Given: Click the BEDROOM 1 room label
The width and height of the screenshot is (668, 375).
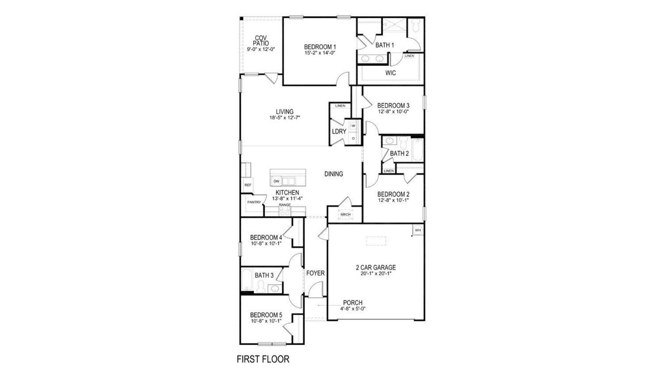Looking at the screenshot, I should click(320, 47).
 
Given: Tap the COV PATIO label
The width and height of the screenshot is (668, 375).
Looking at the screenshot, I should click(261, 40).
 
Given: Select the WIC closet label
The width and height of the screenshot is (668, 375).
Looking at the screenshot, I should click(390, 73).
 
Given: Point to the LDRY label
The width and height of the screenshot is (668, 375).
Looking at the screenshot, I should click(339, 131).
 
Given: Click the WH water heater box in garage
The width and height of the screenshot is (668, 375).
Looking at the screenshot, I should click(417, 230).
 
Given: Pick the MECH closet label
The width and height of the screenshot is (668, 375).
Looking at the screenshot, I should click(345, 214).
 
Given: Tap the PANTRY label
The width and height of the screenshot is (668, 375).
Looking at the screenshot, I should click(254, 202).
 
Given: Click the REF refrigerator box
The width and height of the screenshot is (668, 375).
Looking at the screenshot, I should click(248, 185).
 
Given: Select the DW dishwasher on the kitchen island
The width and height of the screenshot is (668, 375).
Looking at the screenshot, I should click(276, 181).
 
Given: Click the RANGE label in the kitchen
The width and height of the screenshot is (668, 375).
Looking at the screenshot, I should click(285, 205).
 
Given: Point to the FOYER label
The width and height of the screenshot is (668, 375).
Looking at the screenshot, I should click(315, 273).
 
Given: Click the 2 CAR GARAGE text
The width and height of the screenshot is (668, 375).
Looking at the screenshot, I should click(376, 267).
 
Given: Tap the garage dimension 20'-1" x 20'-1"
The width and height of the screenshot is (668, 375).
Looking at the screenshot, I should click(376, 274).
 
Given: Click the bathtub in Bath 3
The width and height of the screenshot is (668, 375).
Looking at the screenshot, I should click(246, 281).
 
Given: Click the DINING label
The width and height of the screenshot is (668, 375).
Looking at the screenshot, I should click(334, 174).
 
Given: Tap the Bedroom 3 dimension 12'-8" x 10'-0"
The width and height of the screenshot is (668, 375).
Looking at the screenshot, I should click(393, 112).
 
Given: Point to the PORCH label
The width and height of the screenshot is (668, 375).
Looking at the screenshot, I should click(353, 303).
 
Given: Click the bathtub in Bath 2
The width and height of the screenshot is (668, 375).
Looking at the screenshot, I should click(417, 150).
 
